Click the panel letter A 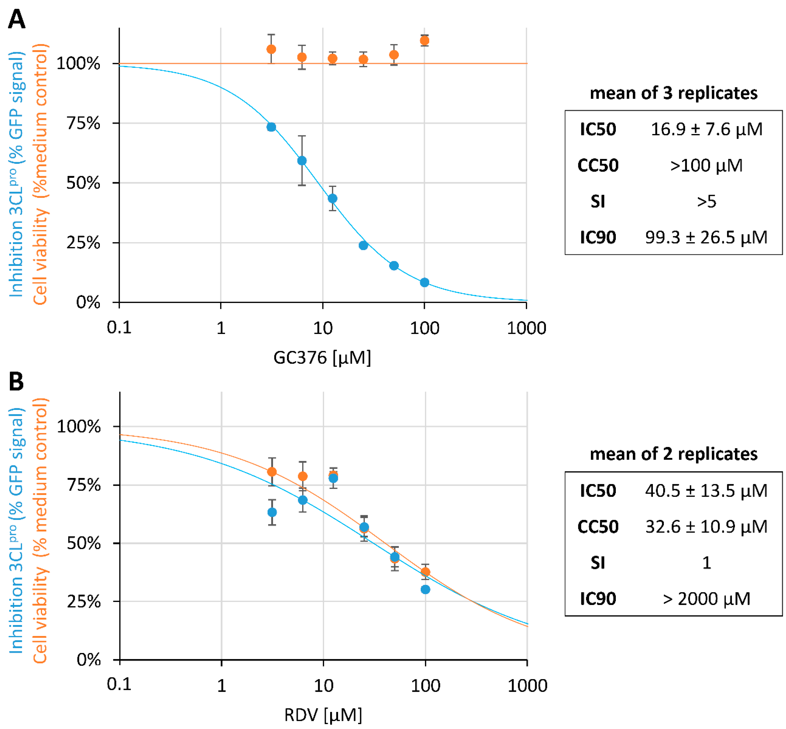click(x=16, y=19)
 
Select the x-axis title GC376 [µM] click(x=322, y=358)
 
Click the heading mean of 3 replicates click(x=673, y=93)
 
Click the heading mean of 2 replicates click(x=673, y=454)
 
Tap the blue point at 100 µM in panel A click(x=424, y=282)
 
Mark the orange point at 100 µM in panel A click(x=424, y=41)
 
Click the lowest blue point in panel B click(x=425, y=589)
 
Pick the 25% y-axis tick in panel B click(x=84, y=602)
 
